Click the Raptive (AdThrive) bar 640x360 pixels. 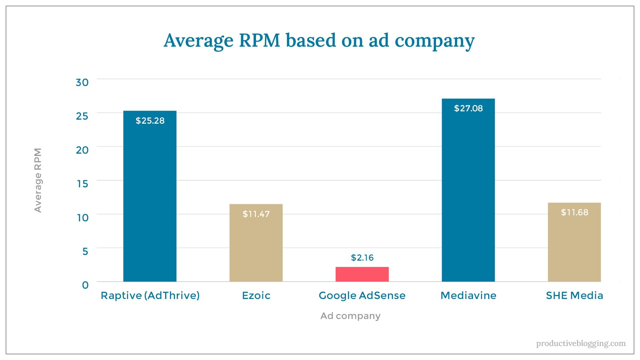click(150, 200)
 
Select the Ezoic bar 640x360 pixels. click(256, 247)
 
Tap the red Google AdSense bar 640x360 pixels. click(362, 274)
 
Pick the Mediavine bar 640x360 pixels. click(468, 193)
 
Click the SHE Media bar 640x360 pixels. click(574, 247)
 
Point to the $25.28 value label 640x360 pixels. click(150, 121)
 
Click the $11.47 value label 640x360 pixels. click(256, 214)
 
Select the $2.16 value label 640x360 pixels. click(362, 258)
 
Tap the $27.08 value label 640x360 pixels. click(468, 108)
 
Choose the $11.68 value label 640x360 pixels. click(574, 212)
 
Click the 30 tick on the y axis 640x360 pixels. click(82, 82)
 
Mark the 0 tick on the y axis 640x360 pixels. click(85, 285)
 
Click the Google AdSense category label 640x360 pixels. click(362, 296)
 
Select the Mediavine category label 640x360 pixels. click(468, 296)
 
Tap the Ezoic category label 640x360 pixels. click(256, 296)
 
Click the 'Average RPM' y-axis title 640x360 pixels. click(38, 180)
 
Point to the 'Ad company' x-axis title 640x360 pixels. click(350, 316)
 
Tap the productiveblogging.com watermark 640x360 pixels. click(581, 343)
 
